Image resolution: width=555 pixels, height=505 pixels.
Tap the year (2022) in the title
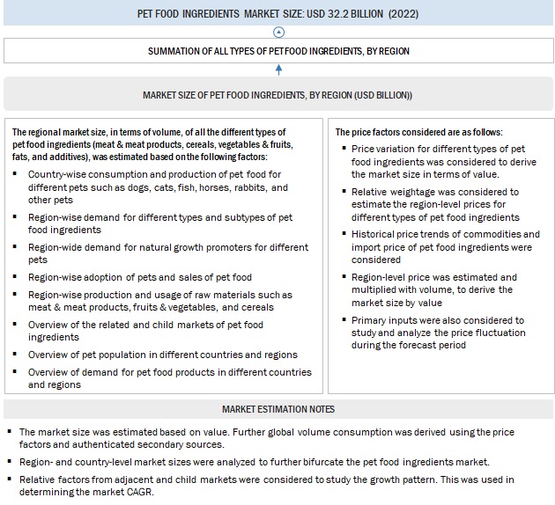point(397,14)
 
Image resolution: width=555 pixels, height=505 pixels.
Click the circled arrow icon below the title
point(279,30)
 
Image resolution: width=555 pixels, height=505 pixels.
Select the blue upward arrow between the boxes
point(279,69)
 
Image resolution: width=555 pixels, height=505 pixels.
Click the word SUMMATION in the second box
point(178,51)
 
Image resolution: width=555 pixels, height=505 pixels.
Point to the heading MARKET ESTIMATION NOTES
point(277,409)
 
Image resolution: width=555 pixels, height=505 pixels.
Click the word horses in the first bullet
point(205,187)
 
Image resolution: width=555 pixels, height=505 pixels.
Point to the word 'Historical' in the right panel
point(374,234)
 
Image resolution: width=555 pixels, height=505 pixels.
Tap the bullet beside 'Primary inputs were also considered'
point(343,321)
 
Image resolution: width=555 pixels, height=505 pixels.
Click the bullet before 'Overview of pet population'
point(18,355)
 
